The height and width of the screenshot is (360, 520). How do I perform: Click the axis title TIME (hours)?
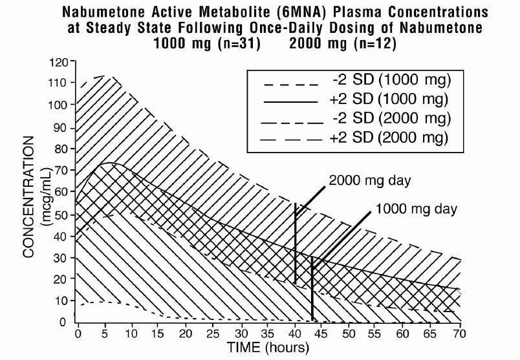(268, 348)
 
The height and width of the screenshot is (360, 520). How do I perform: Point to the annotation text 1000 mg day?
(415, 209)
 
